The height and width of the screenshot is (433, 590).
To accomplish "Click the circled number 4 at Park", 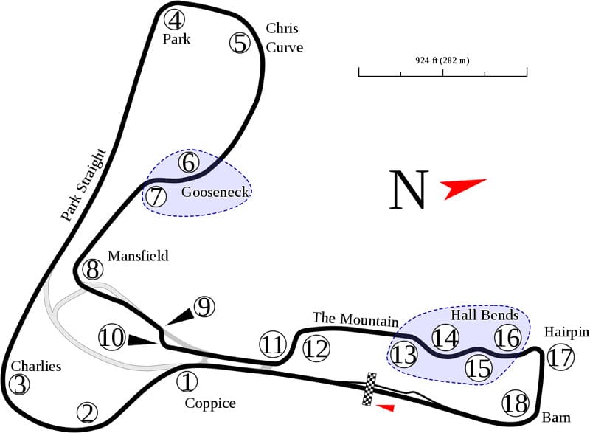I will [x=176, y=19].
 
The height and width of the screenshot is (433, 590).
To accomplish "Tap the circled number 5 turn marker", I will [x=240, y=43].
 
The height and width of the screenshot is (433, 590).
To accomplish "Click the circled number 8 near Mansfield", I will [x=92, y=269].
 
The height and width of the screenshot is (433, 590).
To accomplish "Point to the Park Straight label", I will [x=83, y=186].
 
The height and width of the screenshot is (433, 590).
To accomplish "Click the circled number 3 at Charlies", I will [x=20, y=384].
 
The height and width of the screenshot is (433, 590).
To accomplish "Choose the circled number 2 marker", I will [x=88, y=412].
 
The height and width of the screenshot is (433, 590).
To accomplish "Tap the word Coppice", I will [x=210, y=403].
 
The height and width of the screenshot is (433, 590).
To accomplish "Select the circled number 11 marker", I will [x=272, y=344].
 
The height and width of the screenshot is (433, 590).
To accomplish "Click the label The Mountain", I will [x=355, y=319].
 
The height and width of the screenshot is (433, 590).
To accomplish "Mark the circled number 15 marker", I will [x=479, y=367].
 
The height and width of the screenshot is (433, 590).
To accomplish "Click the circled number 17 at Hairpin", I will [x=560, y=358].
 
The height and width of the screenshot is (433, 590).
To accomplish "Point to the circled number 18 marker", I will [x=516, y=403].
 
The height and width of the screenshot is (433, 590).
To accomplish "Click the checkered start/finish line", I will [x=369, y=389].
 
